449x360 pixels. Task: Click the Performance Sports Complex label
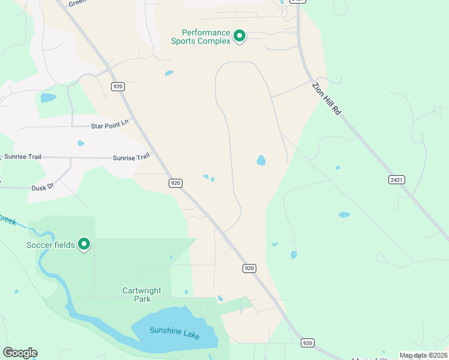(200, 37)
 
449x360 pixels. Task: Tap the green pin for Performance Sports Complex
(240, 37)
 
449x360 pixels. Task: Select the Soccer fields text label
(50, 244)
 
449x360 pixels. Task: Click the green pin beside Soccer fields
(85, 244)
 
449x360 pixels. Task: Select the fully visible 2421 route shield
(396, 179)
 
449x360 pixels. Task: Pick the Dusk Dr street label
(43, 187)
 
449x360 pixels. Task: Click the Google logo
(20, 353)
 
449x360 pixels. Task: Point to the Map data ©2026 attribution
(423, 355)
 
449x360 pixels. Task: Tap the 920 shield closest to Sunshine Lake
(307, 343)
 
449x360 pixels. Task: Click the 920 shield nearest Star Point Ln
(118, 87)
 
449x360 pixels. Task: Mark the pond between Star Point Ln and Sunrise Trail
(80, 143)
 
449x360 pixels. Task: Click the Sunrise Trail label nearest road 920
(131, 157)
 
